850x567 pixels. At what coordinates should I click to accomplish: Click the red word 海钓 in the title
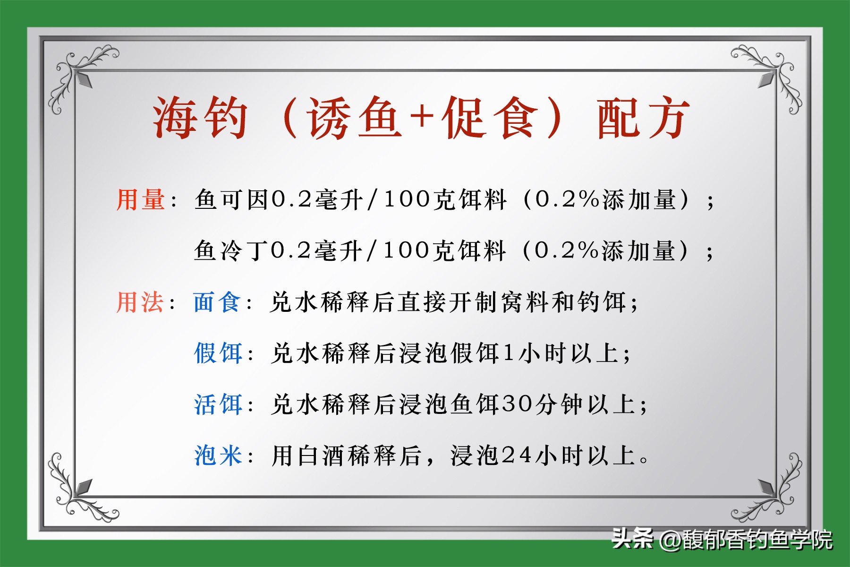200,118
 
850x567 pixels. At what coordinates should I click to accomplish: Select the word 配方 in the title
643,118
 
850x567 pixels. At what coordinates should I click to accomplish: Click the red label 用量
141,199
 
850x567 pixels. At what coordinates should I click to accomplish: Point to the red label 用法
140,302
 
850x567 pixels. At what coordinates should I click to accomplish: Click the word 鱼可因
231,199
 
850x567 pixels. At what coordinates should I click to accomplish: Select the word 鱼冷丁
231,250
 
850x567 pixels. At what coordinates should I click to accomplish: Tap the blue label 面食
217,302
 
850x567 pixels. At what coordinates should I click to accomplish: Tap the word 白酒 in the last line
322,456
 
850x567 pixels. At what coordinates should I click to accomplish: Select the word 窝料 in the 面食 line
525,302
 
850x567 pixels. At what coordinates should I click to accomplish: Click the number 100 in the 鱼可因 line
407,199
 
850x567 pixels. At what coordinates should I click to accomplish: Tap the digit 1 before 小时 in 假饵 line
508,353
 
